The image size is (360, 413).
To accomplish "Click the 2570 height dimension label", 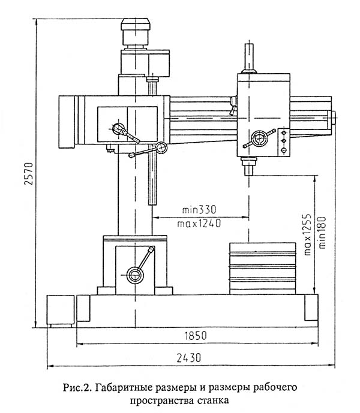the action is tap(29, 174).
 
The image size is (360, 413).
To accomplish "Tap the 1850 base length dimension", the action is tap(196, 336).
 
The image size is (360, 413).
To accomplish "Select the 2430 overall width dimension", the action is tap(189, 358).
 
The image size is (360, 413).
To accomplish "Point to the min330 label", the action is tap(199, 210).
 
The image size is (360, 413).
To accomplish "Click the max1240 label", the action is tap(199, 224).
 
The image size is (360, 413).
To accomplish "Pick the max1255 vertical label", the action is tap(308, 235).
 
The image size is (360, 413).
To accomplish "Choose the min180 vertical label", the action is tap(322, 233).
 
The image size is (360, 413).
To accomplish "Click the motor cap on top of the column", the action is tap(136, 24).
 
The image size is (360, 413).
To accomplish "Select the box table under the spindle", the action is tap(262, 269).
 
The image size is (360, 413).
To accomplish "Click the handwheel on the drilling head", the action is tap(259, 138).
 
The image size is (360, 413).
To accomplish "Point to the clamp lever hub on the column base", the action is tap(135, 275).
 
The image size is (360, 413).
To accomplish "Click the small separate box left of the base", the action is tap(61, 311).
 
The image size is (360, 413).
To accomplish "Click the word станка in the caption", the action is tap(213, 400).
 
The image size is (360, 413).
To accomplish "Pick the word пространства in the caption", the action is tap(162, 401).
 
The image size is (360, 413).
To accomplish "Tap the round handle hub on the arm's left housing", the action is tap(118, 128).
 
